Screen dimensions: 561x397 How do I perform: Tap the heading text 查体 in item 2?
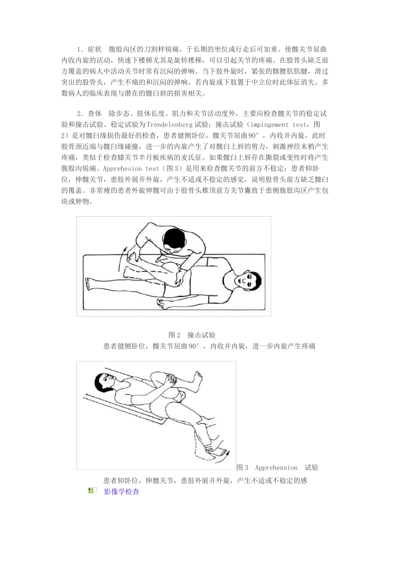coord(95,114)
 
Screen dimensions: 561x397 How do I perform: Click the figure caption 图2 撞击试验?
coord(192,335)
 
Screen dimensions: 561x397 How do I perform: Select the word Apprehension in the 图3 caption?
coord(276,468)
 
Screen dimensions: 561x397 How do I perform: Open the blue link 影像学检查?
coord(121,492)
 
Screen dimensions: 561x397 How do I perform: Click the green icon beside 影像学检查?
coord(92,491)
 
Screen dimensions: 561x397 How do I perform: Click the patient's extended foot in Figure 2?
coord(89,284)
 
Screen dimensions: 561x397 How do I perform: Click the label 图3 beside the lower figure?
coord(242,468)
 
